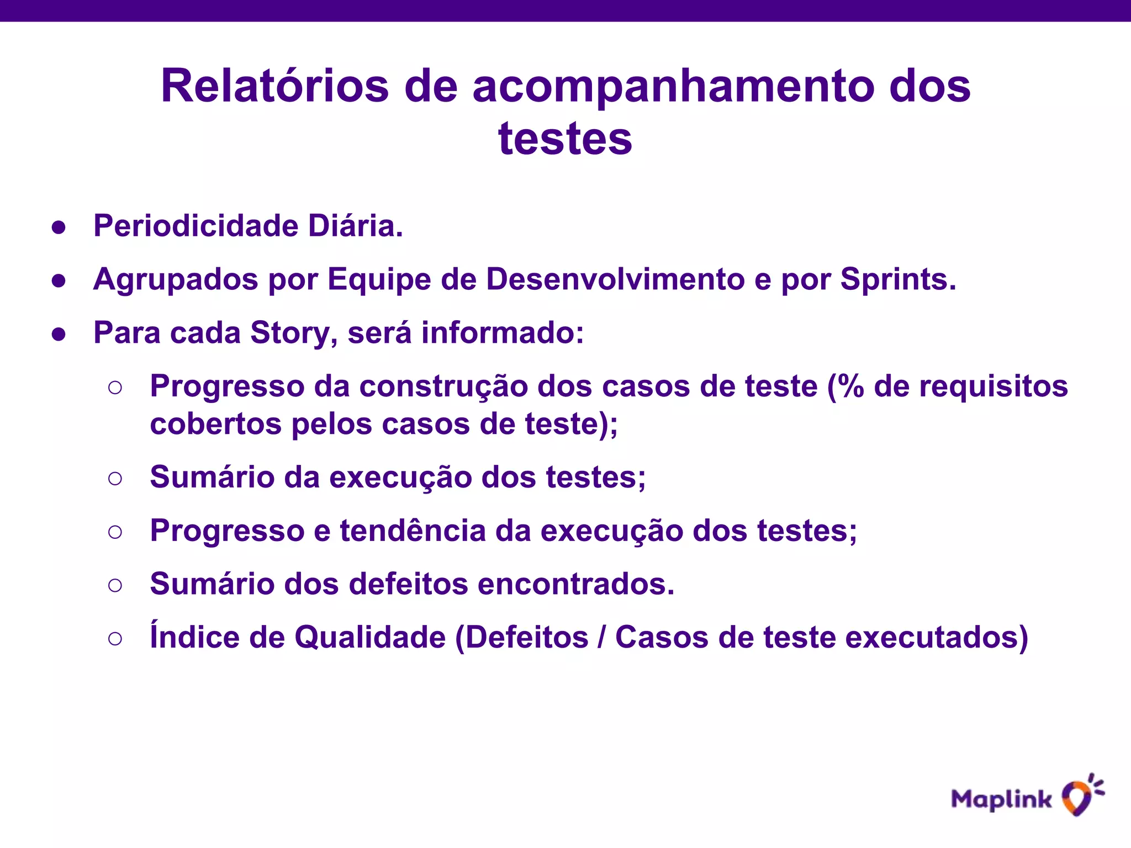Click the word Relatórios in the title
pos(275,86)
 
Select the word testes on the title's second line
pos(565,139)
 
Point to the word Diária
pos(355,226)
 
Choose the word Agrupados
pos(176,279)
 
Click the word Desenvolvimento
pos(615,279)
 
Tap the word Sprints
pos(897,279)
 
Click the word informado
pos(502,333)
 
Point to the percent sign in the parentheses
pos(853,386)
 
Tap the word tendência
pos(412,531)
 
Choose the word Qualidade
pos(369,638)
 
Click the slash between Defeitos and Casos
pos(601,638)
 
